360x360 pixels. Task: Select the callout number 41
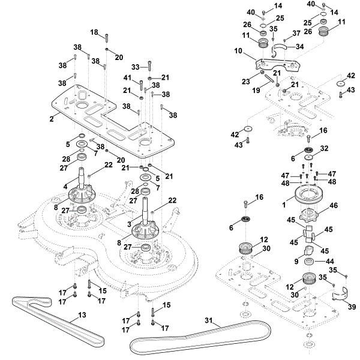[x=127, y=79]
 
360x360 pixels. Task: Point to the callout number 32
[x=325, y=149]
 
